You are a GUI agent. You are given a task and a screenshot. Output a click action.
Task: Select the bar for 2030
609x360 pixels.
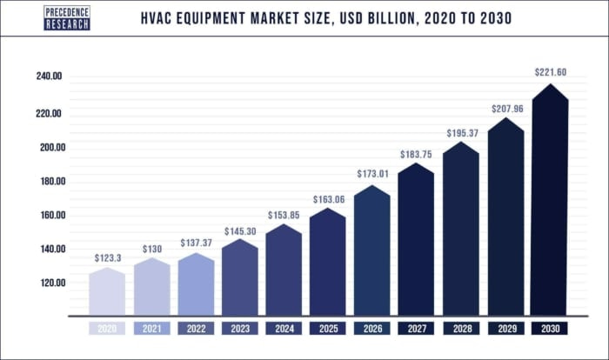[550, 209]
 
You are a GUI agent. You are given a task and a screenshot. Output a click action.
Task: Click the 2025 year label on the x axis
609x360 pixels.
[328, 329]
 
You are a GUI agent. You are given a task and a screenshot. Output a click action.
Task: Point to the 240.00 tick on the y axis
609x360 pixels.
[49, 77]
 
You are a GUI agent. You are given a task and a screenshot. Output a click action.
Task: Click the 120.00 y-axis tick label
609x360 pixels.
[49, 283]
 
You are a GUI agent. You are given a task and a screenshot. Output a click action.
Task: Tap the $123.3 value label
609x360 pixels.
[107, 258]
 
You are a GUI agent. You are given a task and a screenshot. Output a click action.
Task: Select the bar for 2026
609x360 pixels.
[372, 252]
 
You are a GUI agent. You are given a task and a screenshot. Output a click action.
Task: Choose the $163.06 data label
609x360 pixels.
[328, 198]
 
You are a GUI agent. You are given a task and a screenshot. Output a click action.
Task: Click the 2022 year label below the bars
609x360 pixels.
[196, 329]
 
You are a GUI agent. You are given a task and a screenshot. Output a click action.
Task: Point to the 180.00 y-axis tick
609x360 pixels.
[49, 182]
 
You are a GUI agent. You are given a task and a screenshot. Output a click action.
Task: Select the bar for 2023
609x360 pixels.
[240, 278]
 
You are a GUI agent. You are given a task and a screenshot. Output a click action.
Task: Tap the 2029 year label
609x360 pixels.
[505, 329]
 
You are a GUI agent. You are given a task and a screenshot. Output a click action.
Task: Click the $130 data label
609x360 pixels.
[151, 249]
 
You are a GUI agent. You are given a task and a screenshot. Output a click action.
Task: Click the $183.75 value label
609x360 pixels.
[417, 154]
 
